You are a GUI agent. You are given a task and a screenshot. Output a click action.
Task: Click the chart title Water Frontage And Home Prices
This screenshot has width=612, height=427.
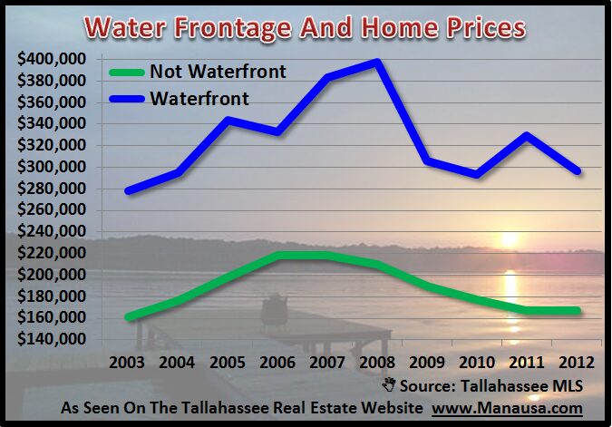click(x=306, y=28)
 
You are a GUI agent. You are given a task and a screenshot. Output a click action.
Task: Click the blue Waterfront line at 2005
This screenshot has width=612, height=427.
click(x=228, y=120)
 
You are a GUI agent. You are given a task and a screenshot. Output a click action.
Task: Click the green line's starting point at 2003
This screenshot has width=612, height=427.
click(x=130, y=316)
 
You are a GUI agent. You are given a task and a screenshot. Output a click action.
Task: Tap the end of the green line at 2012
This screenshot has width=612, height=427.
click(x=576, y=311)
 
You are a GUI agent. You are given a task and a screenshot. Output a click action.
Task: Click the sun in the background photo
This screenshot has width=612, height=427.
click(x=509, y=240)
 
